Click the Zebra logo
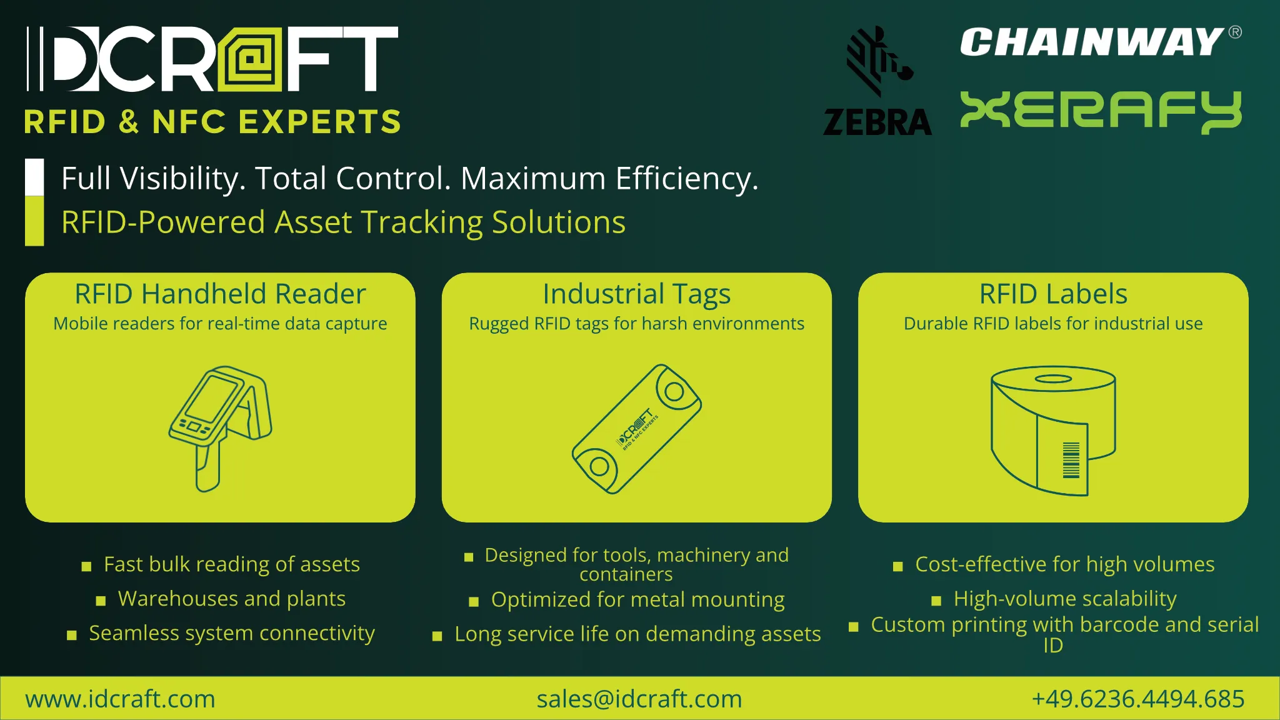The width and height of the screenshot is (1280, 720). pos(877,81)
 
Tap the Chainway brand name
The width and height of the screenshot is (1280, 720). pos(1091,42)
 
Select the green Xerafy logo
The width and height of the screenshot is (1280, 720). pos(1101,111)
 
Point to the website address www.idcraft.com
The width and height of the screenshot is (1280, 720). pos(120,699)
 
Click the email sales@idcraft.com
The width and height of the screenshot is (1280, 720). pos(639,699)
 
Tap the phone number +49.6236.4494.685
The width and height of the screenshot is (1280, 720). pos(1137,699)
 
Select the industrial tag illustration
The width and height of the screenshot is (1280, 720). pos(636,429)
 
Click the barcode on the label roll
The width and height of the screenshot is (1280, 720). pos(1071,460)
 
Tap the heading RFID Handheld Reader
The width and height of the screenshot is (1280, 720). pos(220,294)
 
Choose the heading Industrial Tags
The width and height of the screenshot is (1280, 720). pos(636,294)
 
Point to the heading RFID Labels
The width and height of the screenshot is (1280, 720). pos(1053,294)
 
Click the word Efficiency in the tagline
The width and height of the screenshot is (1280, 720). pos(686,179)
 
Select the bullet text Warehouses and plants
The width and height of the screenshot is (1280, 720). pos(231,599)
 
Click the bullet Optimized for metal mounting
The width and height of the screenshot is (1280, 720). pos(637,599)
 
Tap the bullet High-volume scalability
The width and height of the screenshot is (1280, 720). pos(1064,599)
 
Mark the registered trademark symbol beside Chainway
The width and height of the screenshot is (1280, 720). pos(1235,32)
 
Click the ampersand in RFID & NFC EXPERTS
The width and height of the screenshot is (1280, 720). pos(129,121)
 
